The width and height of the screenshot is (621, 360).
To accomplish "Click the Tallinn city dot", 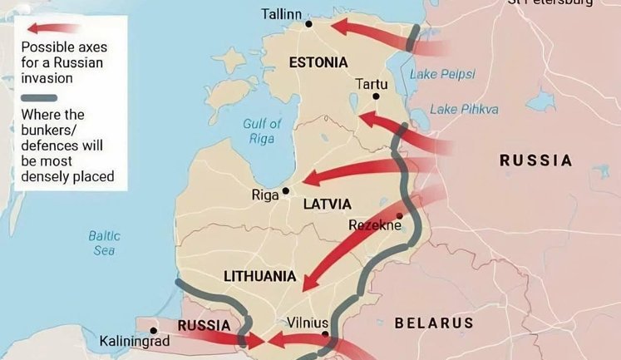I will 308,24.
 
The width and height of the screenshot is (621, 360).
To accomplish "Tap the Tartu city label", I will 371,84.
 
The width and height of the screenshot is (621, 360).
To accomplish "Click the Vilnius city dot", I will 326,335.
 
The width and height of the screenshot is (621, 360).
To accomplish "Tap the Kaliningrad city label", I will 134,341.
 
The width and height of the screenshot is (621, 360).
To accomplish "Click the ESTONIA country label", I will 318,62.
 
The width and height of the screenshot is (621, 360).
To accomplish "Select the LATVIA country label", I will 327,205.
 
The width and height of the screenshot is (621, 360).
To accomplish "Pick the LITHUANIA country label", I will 260,276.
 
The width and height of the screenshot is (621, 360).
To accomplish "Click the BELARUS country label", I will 433,323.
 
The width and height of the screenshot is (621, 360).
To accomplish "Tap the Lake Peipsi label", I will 442,74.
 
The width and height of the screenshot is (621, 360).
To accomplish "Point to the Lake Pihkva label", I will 464,109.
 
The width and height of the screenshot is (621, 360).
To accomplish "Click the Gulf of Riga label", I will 262,131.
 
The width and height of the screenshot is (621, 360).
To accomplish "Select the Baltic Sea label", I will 104,243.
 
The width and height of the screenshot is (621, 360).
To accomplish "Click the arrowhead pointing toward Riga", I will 308,179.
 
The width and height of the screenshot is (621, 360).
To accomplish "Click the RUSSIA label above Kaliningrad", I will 205,325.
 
